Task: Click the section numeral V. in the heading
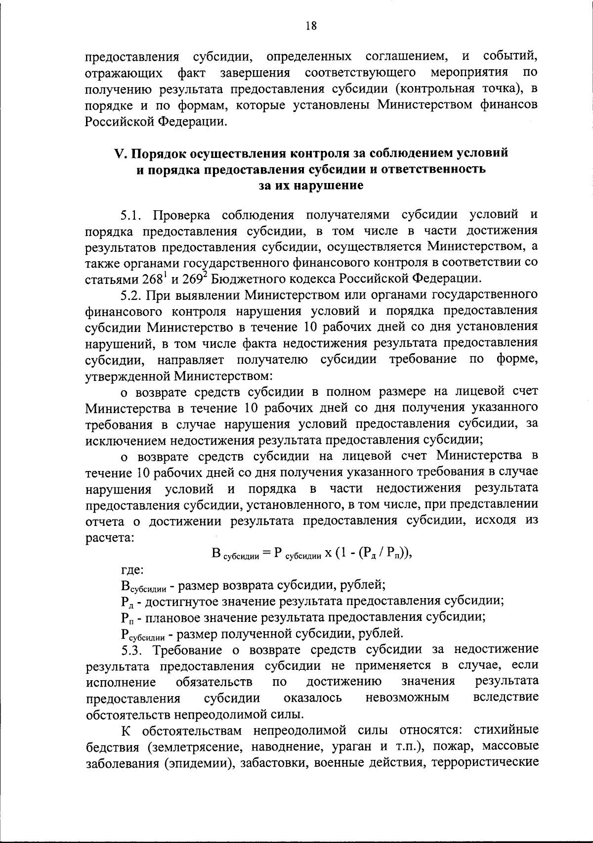click(x=121, y=153)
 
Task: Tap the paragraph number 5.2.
click(x=132, y=295)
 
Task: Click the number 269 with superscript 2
click(x=197, y=279)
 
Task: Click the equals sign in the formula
click(x=266, y=554)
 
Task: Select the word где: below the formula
click(x=132, y=570)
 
